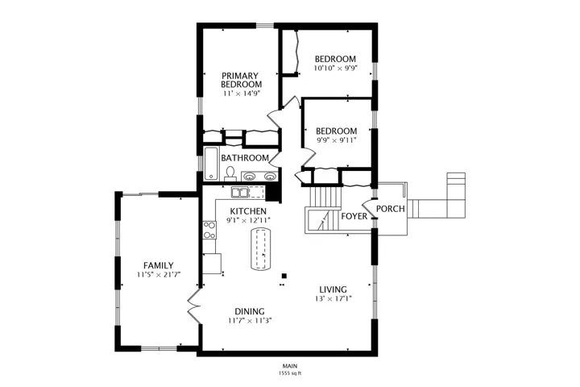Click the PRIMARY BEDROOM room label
[x=241, y=80]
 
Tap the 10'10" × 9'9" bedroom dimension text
[x=335, y=69]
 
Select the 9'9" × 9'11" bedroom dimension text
[x=336, y=140]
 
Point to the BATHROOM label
[x=245, y=158]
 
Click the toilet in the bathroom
[x=230, y=174]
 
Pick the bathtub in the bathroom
[x=211, y=164]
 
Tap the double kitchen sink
[x=240, y=193]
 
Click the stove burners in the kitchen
[x=209, y=230]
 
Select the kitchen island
[x=261, y=249]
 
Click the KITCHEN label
[x=248, y=211]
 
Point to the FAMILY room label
[x=159, y=265]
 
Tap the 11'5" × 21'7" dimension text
[x=159, y=275]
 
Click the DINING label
[x=250, y=311]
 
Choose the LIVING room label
[x=333, y=289]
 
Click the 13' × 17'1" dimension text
[x=333, y=298]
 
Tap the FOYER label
[x=354, y=216]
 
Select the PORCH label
[x=390, y=209]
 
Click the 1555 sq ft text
[x=290, y=373]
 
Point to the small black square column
[x=284, y=276]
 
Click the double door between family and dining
[x=193, y=306]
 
